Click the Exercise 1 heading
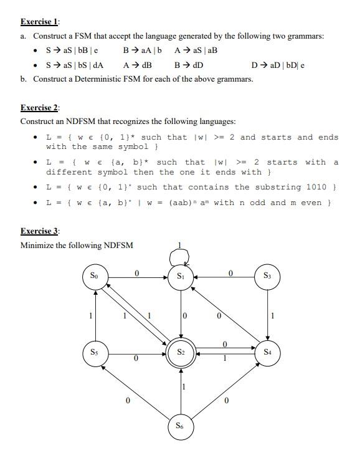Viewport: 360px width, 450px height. pyautogui.click(x=39, y=21)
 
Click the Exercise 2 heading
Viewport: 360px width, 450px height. pyautogui.click(x=39, y=107)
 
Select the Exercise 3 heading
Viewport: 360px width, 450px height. pyautogui.click(x=39, y=231)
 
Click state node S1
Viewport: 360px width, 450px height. pyautogui.click(x=181, y=276)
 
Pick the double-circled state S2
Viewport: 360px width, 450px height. pyautogui.click(x=181, y=353)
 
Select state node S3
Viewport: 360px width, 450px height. pyautogui.click(x=268, y=276)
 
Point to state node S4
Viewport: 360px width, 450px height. pyautogui.click(x=268, y=353)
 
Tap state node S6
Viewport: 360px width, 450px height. pyautogui.click(x=181, y=428)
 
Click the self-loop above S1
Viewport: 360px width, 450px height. pyautogui.click(x=181, y=254)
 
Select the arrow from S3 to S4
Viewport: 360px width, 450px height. pyautogui.click(x=268, y=315)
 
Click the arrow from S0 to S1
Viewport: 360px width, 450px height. pyautogui.click(x=138, y=276)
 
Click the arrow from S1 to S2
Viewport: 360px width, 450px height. pyautogui.click(x=181, y=315)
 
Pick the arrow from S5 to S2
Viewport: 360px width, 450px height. pyautogui.click(x=137, y=353)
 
